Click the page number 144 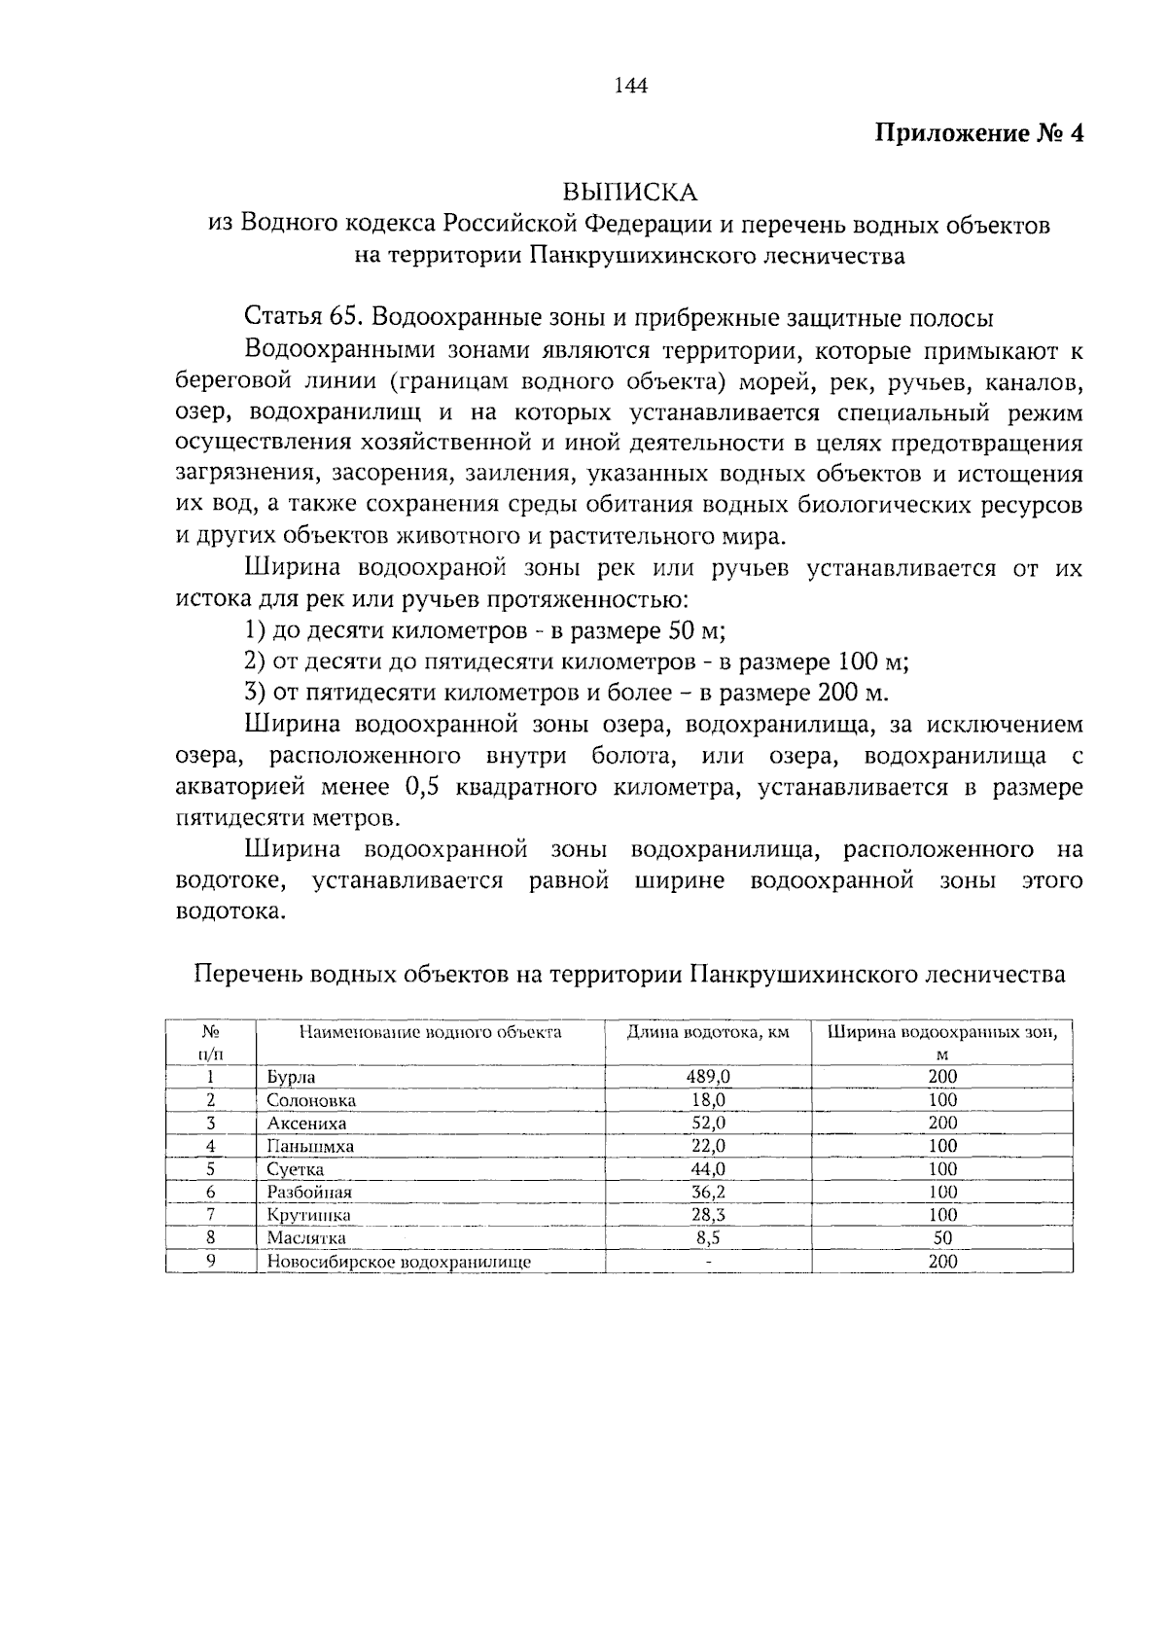[x=631, y=86]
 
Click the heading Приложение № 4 [x=979, y=133]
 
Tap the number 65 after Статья [x=346, y=317]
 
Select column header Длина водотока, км [x=707, y=1032]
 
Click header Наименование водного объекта [x=430, y=1032]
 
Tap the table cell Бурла [x=292, y=1078]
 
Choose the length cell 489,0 [x=708, y=1076]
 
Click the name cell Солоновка [x=311, y=1101]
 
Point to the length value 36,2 [x=708, y=1192]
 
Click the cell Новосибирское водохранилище [x=399, y=1263]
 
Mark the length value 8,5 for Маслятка [x=708, y=1238]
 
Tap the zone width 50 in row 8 [x=942, y=1238]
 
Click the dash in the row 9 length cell [x=708, y=1263]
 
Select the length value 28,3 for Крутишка [x=708, y=1215]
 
